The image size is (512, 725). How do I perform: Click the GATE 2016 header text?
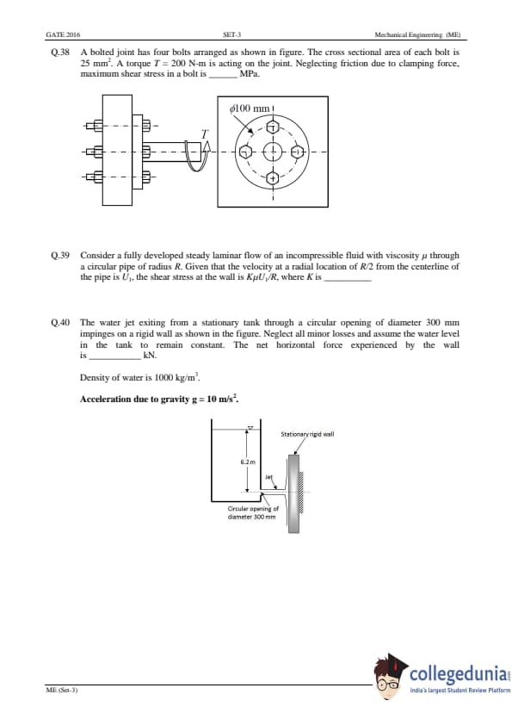click(63, 34)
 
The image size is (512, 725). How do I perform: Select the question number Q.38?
click(60, 53)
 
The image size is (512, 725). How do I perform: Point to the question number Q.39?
click(60, 255)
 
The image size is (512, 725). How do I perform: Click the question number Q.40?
click(60, 322)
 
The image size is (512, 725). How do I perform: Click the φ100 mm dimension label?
click(249, 108)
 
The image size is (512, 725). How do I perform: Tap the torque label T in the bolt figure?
click(205, 134)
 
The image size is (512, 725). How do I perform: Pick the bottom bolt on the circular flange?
click(273, 177)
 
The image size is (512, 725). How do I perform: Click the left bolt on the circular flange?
click(246, 152)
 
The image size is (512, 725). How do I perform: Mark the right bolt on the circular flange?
click(299, 152)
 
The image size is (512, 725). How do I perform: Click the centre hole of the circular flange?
click(273, 152)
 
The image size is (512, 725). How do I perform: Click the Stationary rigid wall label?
click(307, 434)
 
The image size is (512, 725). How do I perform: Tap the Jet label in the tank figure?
click(269, 476)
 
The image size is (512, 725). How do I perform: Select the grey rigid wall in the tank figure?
click(293, 493)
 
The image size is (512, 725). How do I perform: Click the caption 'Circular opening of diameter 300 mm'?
click(253, 513)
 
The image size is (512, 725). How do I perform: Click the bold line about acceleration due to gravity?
click(159, 399)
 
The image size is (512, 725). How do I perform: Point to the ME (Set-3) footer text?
click(62, 690)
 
